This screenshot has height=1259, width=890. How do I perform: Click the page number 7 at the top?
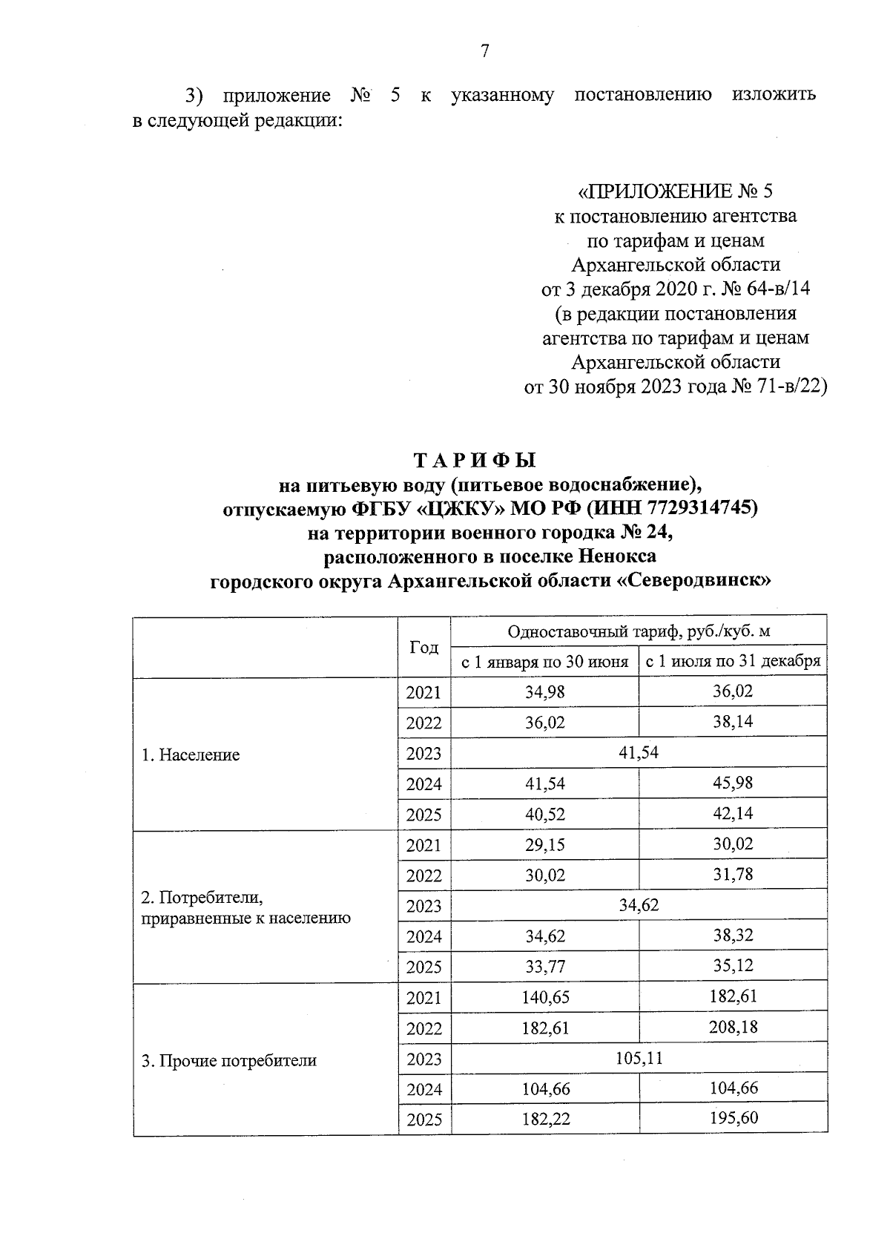(x=485, y=51)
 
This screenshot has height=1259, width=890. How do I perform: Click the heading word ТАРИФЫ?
(x=474, y=461)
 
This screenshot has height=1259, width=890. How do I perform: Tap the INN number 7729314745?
(x=702, y=508)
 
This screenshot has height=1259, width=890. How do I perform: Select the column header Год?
(x=424, y=647)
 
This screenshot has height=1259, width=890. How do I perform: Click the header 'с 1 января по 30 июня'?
(x=544, y=662)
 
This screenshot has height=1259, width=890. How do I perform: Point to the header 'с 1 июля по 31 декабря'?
(x=733, y=662)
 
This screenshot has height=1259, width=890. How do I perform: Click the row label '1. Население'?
(x=191, y=755)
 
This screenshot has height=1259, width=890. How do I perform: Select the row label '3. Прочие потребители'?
(x=229, y=1061)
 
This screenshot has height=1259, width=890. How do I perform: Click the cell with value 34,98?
(x=545, y=692)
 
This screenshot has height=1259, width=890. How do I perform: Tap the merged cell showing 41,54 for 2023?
(x=639, y=753)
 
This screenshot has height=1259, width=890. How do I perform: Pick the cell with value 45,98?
(x=733, y=783)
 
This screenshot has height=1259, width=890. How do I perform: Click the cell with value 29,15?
(x=545, y=845)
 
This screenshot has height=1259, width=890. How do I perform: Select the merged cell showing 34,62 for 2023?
(x=639, y=905)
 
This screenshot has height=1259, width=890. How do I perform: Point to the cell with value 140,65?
(x=545, y=998)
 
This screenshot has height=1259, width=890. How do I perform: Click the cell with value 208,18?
(x=733, y=1028)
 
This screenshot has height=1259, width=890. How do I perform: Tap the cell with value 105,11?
(x=639, y=1058)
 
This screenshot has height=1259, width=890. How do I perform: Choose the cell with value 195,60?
(x=733, y=1119)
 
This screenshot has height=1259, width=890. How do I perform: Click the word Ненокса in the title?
(x=618, y=556)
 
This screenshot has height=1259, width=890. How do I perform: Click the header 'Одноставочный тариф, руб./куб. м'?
(x=639, y=631)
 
